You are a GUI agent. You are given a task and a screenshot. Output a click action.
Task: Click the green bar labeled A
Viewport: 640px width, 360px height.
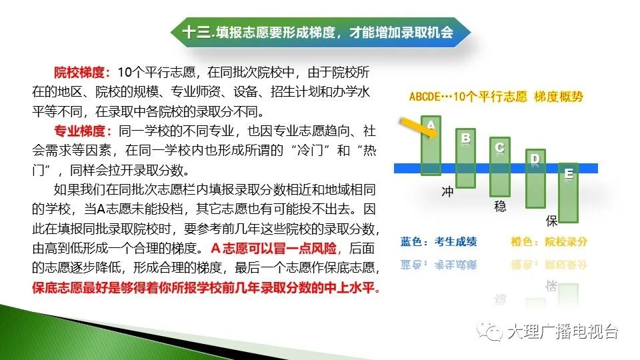(x=431, y=146)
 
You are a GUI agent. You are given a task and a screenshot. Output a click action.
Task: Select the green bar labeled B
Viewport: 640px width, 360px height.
(x=465, y=159)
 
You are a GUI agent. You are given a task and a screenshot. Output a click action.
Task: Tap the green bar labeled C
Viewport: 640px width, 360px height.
(x=499, y=167)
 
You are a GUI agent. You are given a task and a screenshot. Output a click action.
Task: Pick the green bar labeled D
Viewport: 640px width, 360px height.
(x=535, y=179)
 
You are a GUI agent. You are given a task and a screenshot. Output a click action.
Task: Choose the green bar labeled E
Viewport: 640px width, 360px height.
(x=568, y=193)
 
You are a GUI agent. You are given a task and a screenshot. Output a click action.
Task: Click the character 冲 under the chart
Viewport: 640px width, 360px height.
(x=448, y=192)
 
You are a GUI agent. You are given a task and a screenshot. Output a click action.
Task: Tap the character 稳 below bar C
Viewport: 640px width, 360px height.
(x=501, y=206)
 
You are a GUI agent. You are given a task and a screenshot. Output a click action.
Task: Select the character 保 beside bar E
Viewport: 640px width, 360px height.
(x=551, y=221)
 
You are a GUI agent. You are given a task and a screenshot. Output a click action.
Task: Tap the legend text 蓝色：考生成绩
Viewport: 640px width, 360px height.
(x=439, y=241)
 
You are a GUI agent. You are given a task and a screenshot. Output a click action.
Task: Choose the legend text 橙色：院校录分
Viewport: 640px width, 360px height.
(x=549, y=241)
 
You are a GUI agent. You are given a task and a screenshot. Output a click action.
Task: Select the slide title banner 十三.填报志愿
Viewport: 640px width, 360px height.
(x=321, y=32)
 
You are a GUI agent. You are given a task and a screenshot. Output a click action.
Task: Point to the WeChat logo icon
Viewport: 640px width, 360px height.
(x=489, y=331)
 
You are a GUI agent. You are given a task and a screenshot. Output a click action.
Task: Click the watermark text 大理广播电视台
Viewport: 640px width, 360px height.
(x=563, y=331)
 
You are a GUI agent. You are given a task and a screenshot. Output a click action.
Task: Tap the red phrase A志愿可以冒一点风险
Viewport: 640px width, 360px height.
(x=274, y=248)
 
